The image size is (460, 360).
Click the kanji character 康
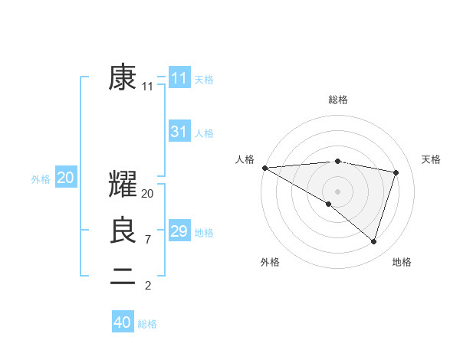[123, 77]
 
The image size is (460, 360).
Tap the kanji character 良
[123, 230]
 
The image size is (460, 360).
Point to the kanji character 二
[123, 277]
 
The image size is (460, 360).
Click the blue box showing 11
[179, 77]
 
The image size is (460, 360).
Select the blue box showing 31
[179, 132]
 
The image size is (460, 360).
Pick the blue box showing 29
[179, 231]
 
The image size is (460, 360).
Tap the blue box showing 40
[123, 322]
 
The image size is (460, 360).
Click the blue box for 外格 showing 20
[65, 178]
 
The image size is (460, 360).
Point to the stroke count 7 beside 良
[147, 240]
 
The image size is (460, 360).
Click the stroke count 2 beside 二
[147, 286]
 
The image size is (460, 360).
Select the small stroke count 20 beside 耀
[148, 194]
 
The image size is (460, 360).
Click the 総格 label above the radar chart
[338, 100]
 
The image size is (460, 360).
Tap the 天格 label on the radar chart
[431, 159]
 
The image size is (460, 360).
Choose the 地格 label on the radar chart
[402, 262]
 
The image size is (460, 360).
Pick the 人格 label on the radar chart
[245, 159]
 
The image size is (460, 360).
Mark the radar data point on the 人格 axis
[264, 167]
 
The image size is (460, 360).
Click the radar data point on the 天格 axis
[396, 172]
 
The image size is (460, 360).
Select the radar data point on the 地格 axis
[373, 241]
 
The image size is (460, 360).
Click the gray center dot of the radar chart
[337, 191]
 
